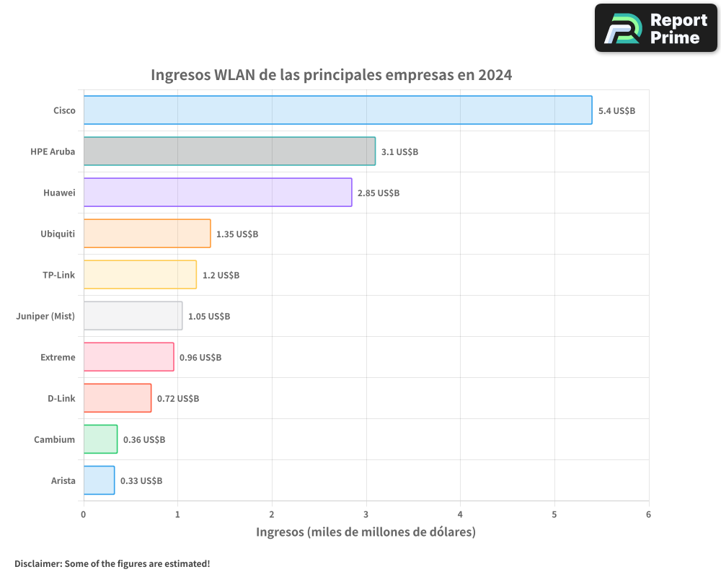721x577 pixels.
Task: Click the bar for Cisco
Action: tap(337, 110)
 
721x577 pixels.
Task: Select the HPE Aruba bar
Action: tap(229, 151)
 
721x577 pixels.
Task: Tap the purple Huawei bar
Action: tap(218, 193)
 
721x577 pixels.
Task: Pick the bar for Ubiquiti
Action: tap(147, 234)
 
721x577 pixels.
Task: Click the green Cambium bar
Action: tap(100, 439)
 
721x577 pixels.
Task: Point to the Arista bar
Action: tap(99, 480)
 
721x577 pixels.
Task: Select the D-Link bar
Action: tap(118, 398)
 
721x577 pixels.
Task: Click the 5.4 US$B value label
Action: tap(616, 111)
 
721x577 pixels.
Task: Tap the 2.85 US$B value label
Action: tap(379, 193)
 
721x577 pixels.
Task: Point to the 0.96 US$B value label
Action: tap(200, 358)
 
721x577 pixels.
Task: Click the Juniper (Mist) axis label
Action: tap(45, 316)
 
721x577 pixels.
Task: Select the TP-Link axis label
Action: tap(59, 275)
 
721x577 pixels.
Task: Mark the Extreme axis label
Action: tap(58, 357)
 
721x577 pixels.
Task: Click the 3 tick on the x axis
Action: tap(366, 514)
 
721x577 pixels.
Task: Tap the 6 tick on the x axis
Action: tap(648, 514)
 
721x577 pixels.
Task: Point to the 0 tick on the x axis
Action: tap(84, 514)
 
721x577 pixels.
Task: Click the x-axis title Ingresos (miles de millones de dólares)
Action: tap(366, 532)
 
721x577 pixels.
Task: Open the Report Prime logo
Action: tap(656, 28)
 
